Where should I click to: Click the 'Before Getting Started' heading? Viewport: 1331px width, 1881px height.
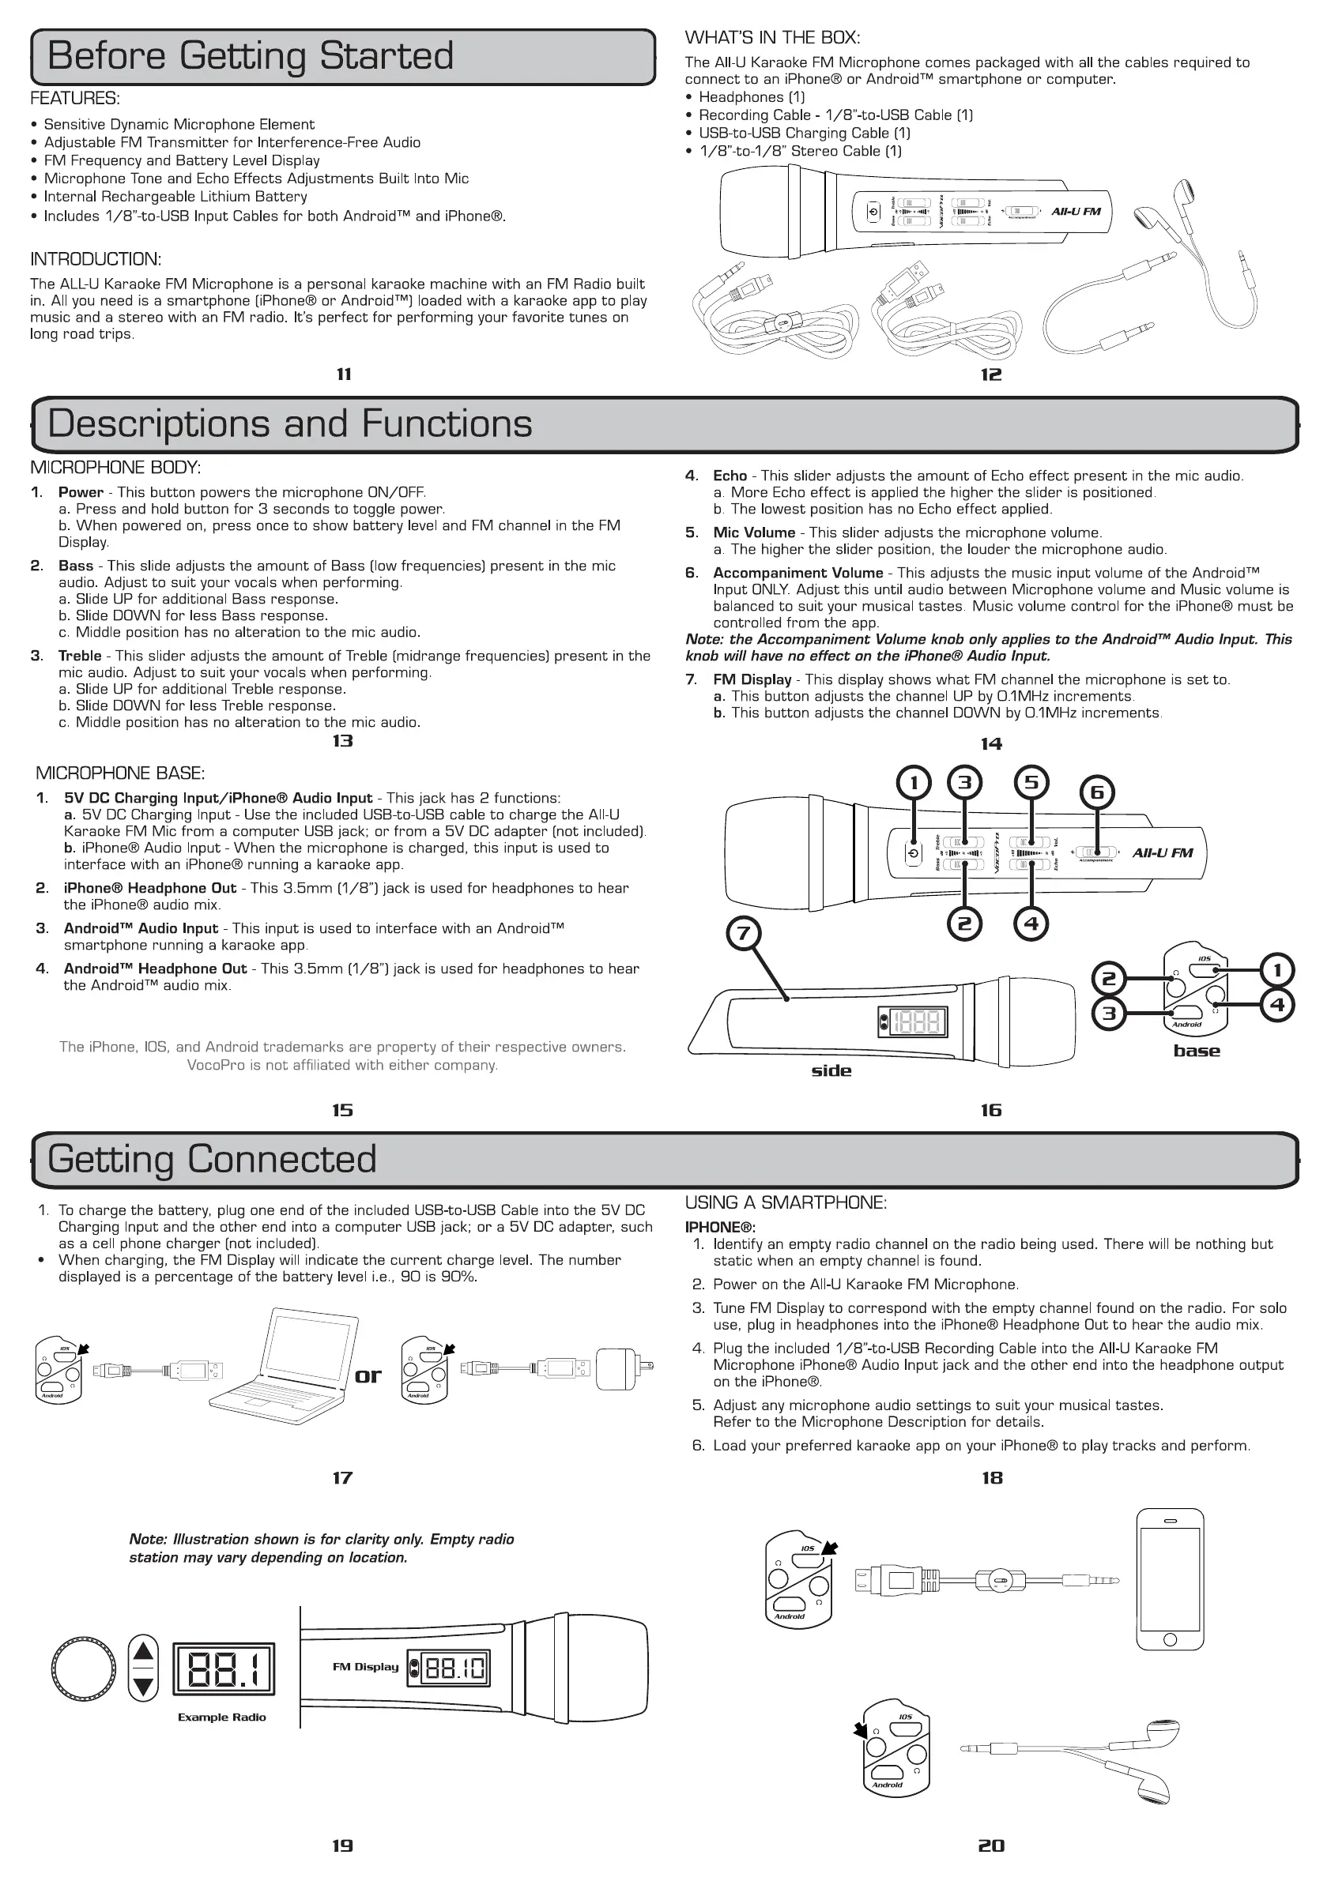point(250,57)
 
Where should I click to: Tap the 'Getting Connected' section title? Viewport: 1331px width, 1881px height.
point(212,1159)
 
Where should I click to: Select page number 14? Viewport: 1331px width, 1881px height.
point(991,744)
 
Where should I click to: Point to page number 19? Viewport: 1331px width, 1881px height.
point(342,1845)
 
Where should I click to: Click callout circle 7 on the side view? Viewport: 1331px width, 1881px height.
point(744,933)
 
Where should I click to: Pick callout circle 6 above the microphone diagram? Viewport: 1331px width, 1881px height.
point(1097,792)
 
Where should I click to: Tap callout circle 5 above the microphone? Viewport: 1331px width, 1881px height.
point(1031,782)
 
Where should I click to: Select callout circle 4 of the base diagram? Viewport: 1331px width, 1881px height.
point(1277,1004)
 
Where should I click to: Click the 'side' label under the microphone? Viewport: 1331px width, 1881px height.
point(831,1070)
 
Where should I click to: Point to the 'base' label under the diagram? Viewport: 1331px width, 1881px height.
point(1197,1051)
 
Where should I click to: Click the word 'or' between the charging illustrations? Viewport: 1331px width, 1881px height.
point(368,1375)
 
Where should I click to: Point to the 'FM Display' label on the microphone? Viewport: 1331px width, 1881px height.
point(365,1666)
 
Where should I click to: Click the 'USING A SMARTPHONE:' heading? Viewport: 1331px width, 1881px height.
point(786,1202)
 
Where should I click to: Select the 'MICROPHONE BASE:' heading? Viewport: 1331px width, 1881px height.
point(120,773)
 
